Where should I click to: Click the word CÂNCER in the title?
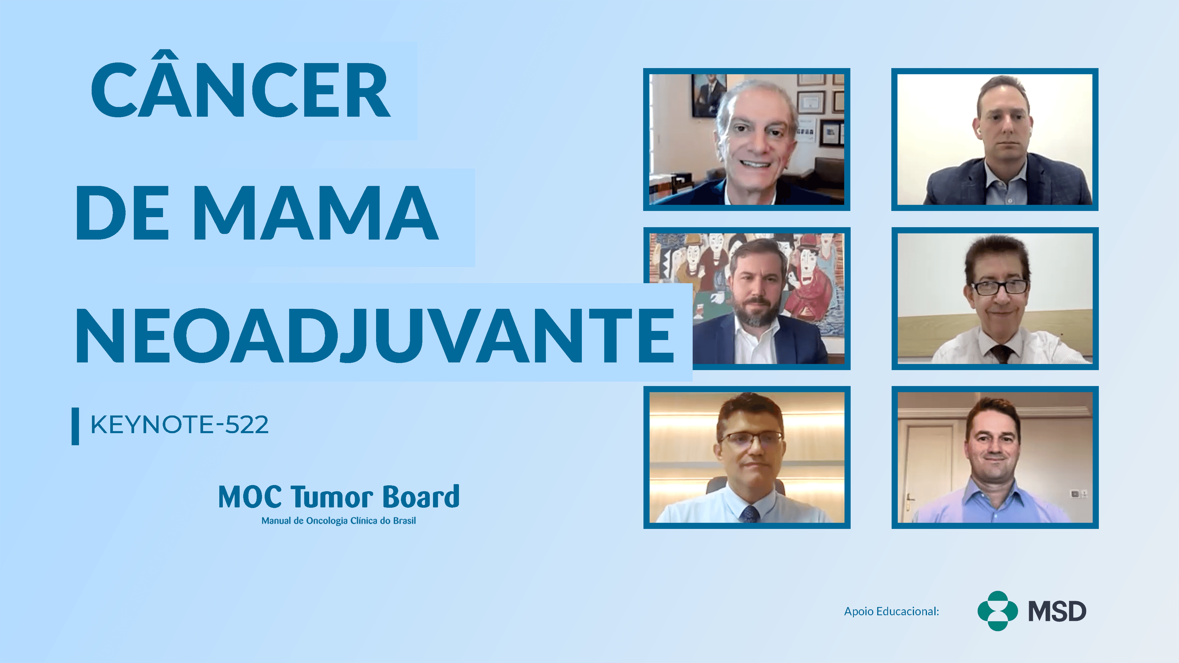[x=241, y=90]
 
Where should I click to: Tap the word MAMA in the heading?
[x=316, y=213]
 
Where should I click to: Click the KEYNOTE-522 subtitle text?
[x=179, y=425]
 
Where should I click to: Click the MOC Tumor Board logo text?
[x=339, y=497]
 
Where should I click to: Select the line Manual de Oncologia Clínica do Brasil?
[x=339, y=521]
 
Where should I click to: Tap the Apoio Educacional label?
[x=891, y=611]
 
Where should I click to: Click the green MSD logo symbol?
[x=997, y=611]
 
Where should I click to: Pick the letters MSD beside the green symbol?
[x=1057, y=612]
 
